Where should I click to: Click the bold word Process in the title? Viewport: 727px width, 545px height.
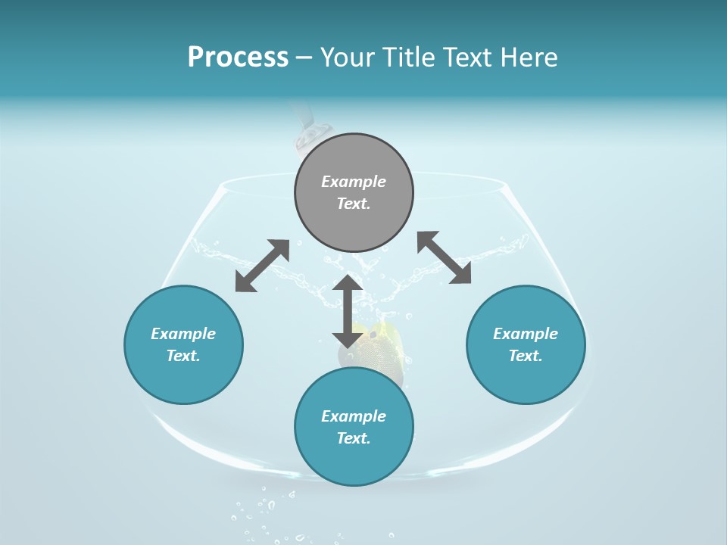(x=238, y=58)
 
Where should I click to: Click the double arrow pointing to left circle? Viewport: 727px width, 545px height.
(x=262, y=266)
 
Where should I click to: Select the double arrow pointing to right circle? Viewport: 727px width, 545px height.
(x=445, y=257)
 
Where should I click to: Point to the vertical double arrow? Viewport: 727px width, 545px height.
(x=348, y=311)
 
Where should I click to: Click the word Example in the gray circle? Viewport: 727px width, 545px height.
(x=354, y=182)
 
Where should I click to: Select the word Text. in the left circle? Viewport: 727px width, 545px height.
(x=183, y=356)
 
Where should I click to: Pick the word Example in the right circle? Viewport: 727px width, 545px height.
(x=526, y=334)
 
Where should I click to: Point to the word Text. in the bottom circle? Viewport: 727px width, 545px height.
(x=354, y=438)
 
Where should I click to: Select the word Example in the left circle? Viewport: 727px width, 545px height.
(x=183, y=334)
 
